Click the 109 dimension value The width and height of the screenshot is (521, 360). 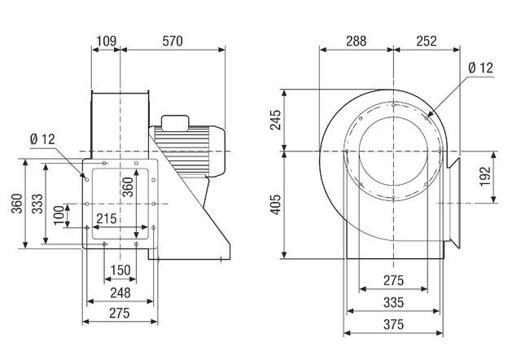click(x=107, y=41)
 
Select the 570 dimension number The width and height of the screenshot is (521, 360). click(x=173, y=41)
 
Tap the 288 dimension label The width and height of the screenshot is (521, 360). click(x=357, y=41)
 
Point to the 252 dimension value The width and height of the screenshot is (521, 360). click(x=427, y=41)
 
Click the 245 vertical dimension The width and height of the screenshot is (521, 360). click(x=275, y=120)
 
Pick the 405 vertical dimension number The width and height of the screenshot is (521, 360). click(x=275, y=204)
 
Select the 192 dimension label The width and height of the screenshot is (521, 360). click(x=485, y=176)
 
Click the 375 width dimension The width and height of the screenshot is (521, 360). click(x=394, y=324)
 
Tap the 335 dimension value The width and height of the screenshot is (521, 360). click(x=394, y=302)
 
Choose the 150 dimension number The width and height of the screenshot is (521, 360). click(x=120, y=270)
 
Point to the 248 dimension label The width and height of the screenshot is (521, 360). click(x=120, y=293)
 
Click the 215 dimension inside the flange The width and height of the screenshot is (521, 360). click(x=107, y=219)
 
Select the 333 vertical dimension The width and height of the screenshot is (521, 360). click(x=37, y=204)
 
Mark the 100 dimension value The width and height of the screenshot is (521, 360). click(x=59, y=215)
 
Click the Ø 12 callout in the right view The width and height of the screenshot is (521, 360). click(x=480, y=68)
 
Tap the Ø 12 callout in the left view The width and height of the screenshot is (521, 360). click(x=42, y=139)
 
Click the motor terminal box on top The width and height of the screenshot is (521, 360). click(x=175, y=122)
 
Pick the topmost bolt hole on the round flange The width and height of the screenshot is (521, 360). click(x=393, y=105)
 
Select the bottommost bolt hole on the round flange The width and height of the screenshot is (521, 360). click(x=393, y=198)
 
